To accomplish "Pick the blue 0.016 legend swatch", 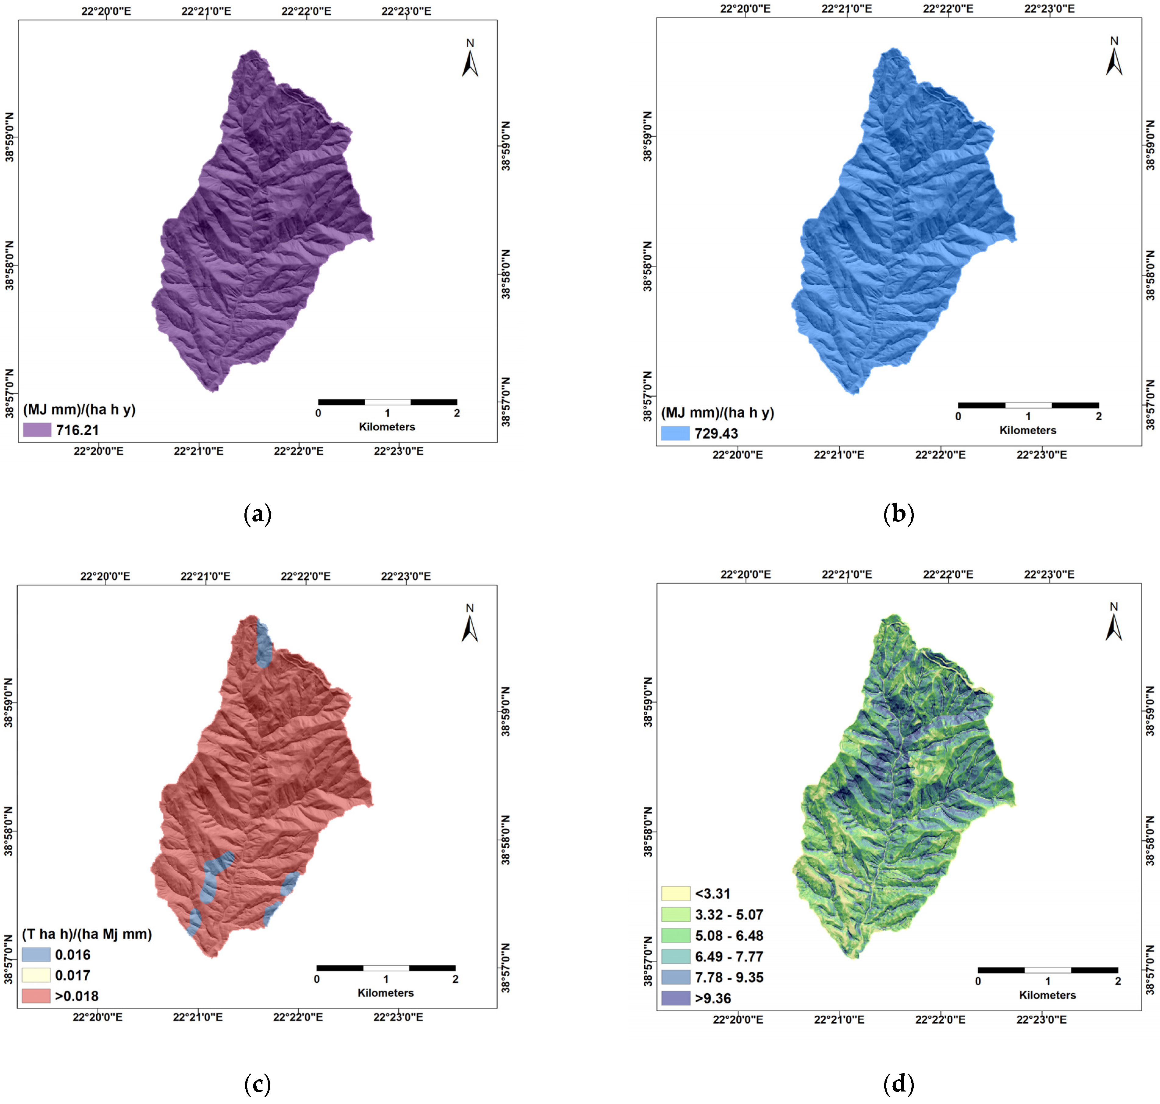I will click(36, 954).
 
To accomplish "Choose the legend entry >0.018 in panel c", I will click(77, 996).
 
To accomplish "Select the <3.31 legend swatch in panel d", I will click(675, 893).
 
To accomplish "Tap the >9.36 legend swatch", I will click(675, 998).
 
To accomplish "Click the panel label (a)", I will click(257, 514).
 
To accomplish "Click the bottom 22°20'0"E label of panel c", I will click(98, 1017).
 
